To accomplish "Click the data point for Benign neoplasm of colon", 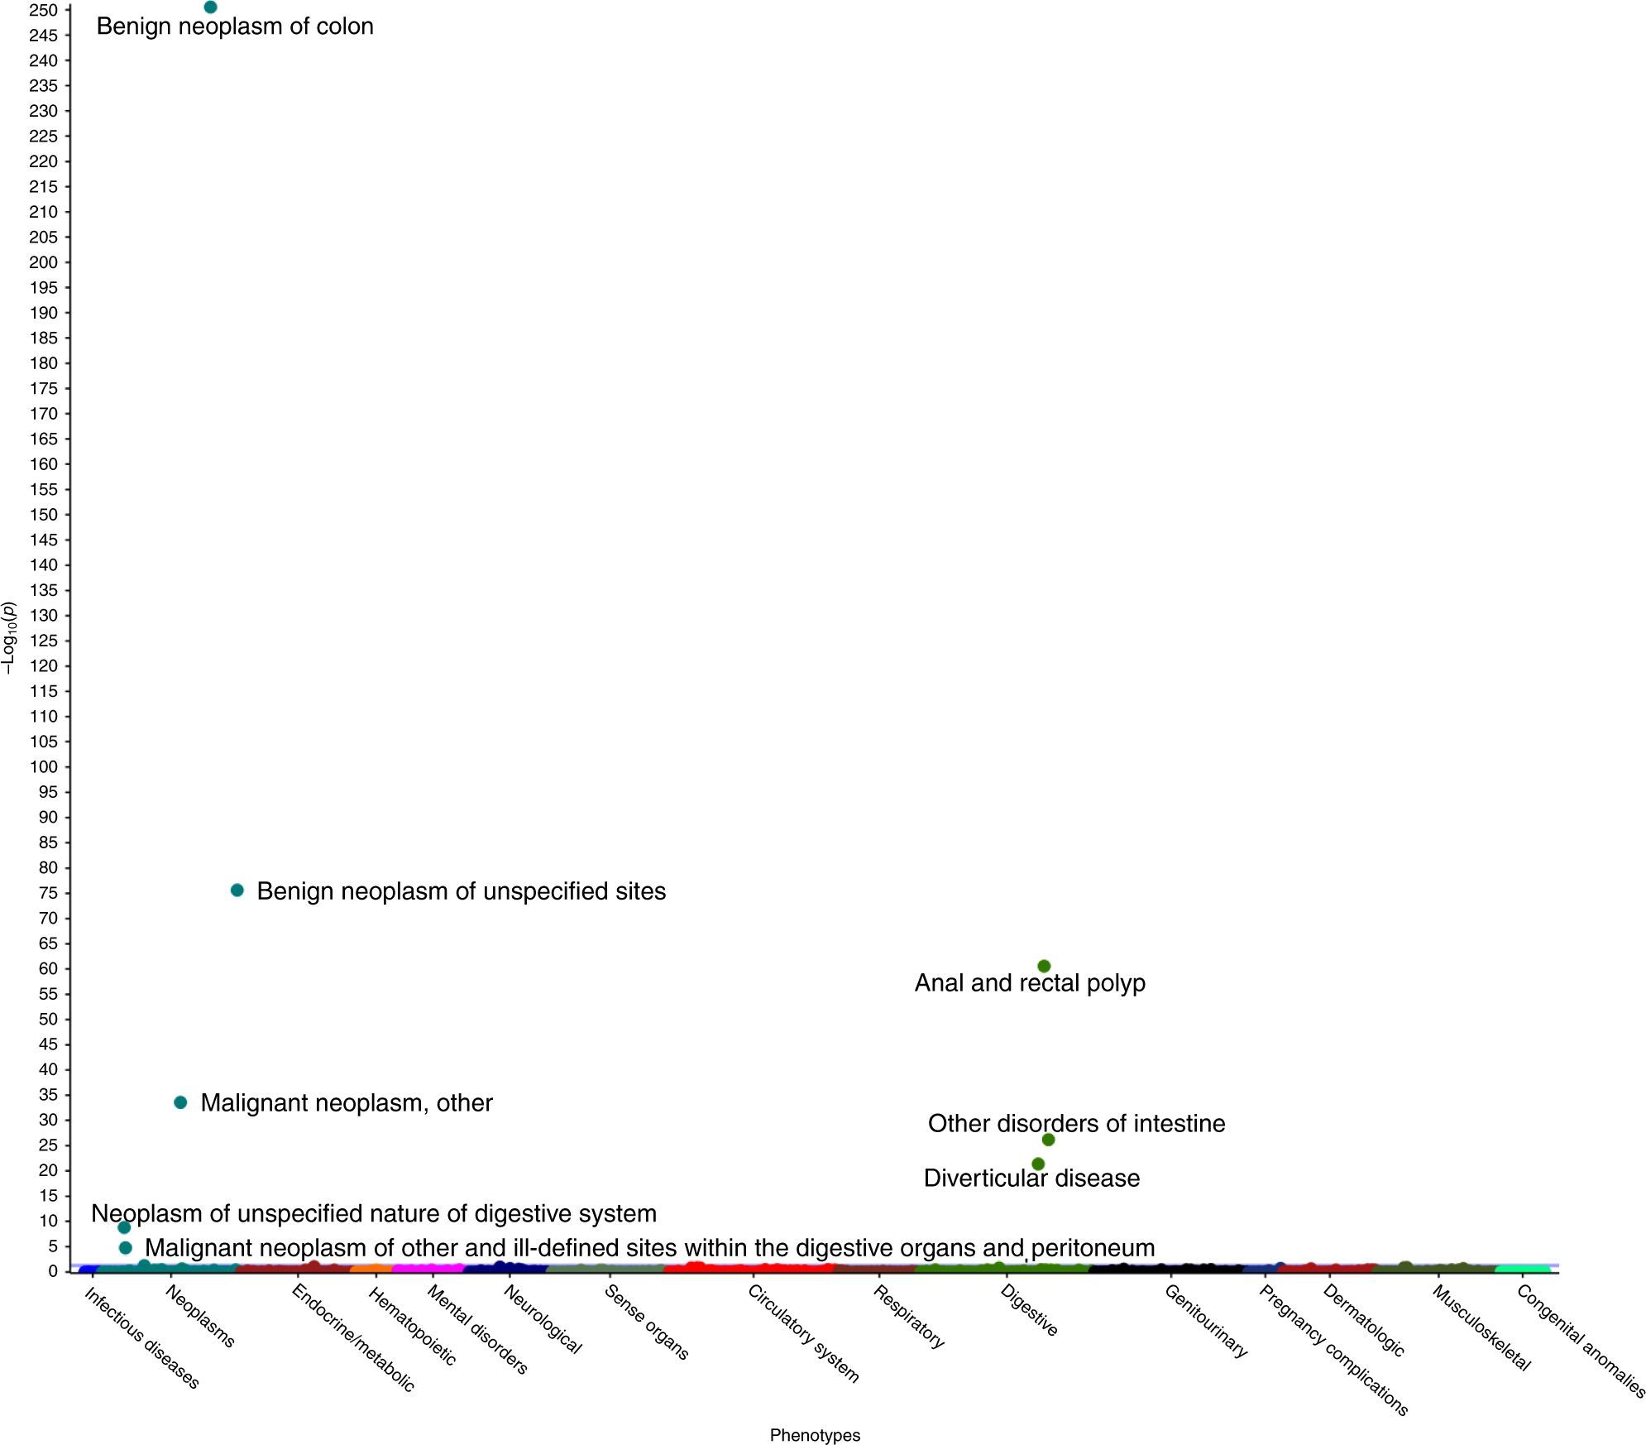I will tap(210, 7).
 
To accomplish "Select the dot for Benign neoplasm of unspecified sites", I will tap(237, 891).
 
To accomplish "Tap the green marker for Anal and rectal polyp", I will tap(1044, 967).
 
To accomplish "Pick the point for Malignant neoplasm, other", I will tap(180, 1102).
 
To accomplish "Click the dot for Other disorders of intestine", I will tap(1048, 1140).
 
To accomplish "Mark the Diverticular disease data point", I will tap(1038, 1164).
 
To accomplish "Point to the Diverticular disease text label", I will tap(1031, 1179).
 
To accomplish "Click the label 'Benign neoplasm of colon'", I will tap(235, 26).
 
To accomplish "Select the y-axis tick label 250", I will tap(43, 10).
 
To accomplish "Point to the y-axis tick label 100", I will tap(43, 767).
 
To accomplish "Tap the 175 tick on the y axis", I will tap(43, 389).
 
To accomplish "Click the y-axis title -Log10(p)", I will tap(9, 638).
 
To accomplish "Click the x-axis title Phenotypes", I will tap(815, 1435).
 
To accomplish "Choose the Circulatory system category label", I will tap(803, 1333).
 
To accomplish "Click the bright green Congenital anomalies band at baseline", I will tap(1523, 1270).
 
